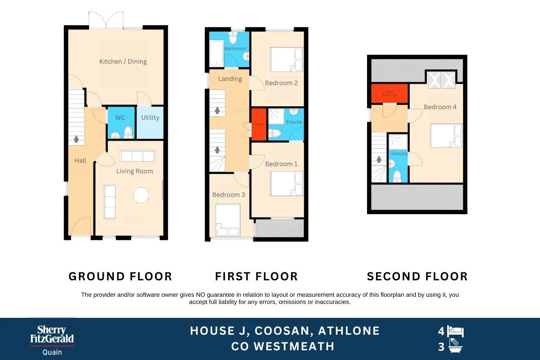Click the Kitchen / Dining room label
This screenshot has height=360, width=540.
click(123, 62)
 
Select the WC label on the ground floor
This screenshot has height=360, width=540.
click(120, 118)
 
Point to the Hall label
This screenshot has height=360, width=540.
click(80, 161)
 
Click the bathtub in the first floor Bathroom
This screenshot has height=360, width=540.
click(216, 54)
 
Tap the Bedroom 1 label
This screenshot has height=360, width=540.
click(281, 164)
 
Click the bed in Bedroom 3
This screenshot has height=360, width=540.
click(228, 220)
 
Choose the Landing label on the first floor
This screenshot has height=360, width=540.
click(230, 79)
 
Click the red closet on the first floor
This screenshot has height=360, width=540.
click(259, 124)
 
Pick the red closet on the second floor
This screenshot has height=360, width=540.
click(389, 94)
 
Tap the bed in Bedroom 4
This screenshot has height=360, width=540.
click(446, 135)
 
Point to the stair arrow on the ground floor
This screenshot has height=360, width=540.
click(76, 139)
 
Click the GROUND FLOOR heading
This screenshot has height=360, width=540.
click(120, 277)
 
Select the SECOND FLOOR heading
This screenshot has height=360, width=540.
click(417, 277)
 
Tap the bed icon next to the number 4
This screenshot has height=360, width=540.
click(456, 331)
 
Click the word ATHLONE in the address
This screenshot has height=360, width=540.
click(349, 331)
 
